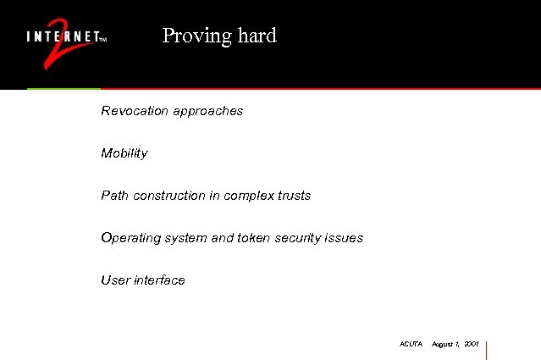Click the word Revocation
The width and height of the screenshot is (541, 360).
[134, 111]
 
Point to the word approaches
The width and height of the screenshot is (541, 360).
[207, 112]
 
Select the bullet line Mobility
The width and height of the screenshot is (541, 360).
[124, 153]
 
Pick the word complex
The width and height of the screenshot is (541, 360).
[249, 197]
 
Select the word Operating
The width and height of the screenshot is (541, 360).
[130, 238]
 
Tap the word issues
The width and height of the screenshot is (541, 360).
[345, 238]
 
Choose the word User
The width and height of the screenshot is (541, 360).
[114, 280]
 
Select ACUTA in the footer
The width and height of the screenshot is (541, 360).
[410, 345]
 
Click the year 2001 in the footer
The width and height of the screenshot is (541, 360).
[472, 345]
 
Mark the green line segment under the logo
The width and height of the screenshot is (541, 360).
[63, 88]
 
